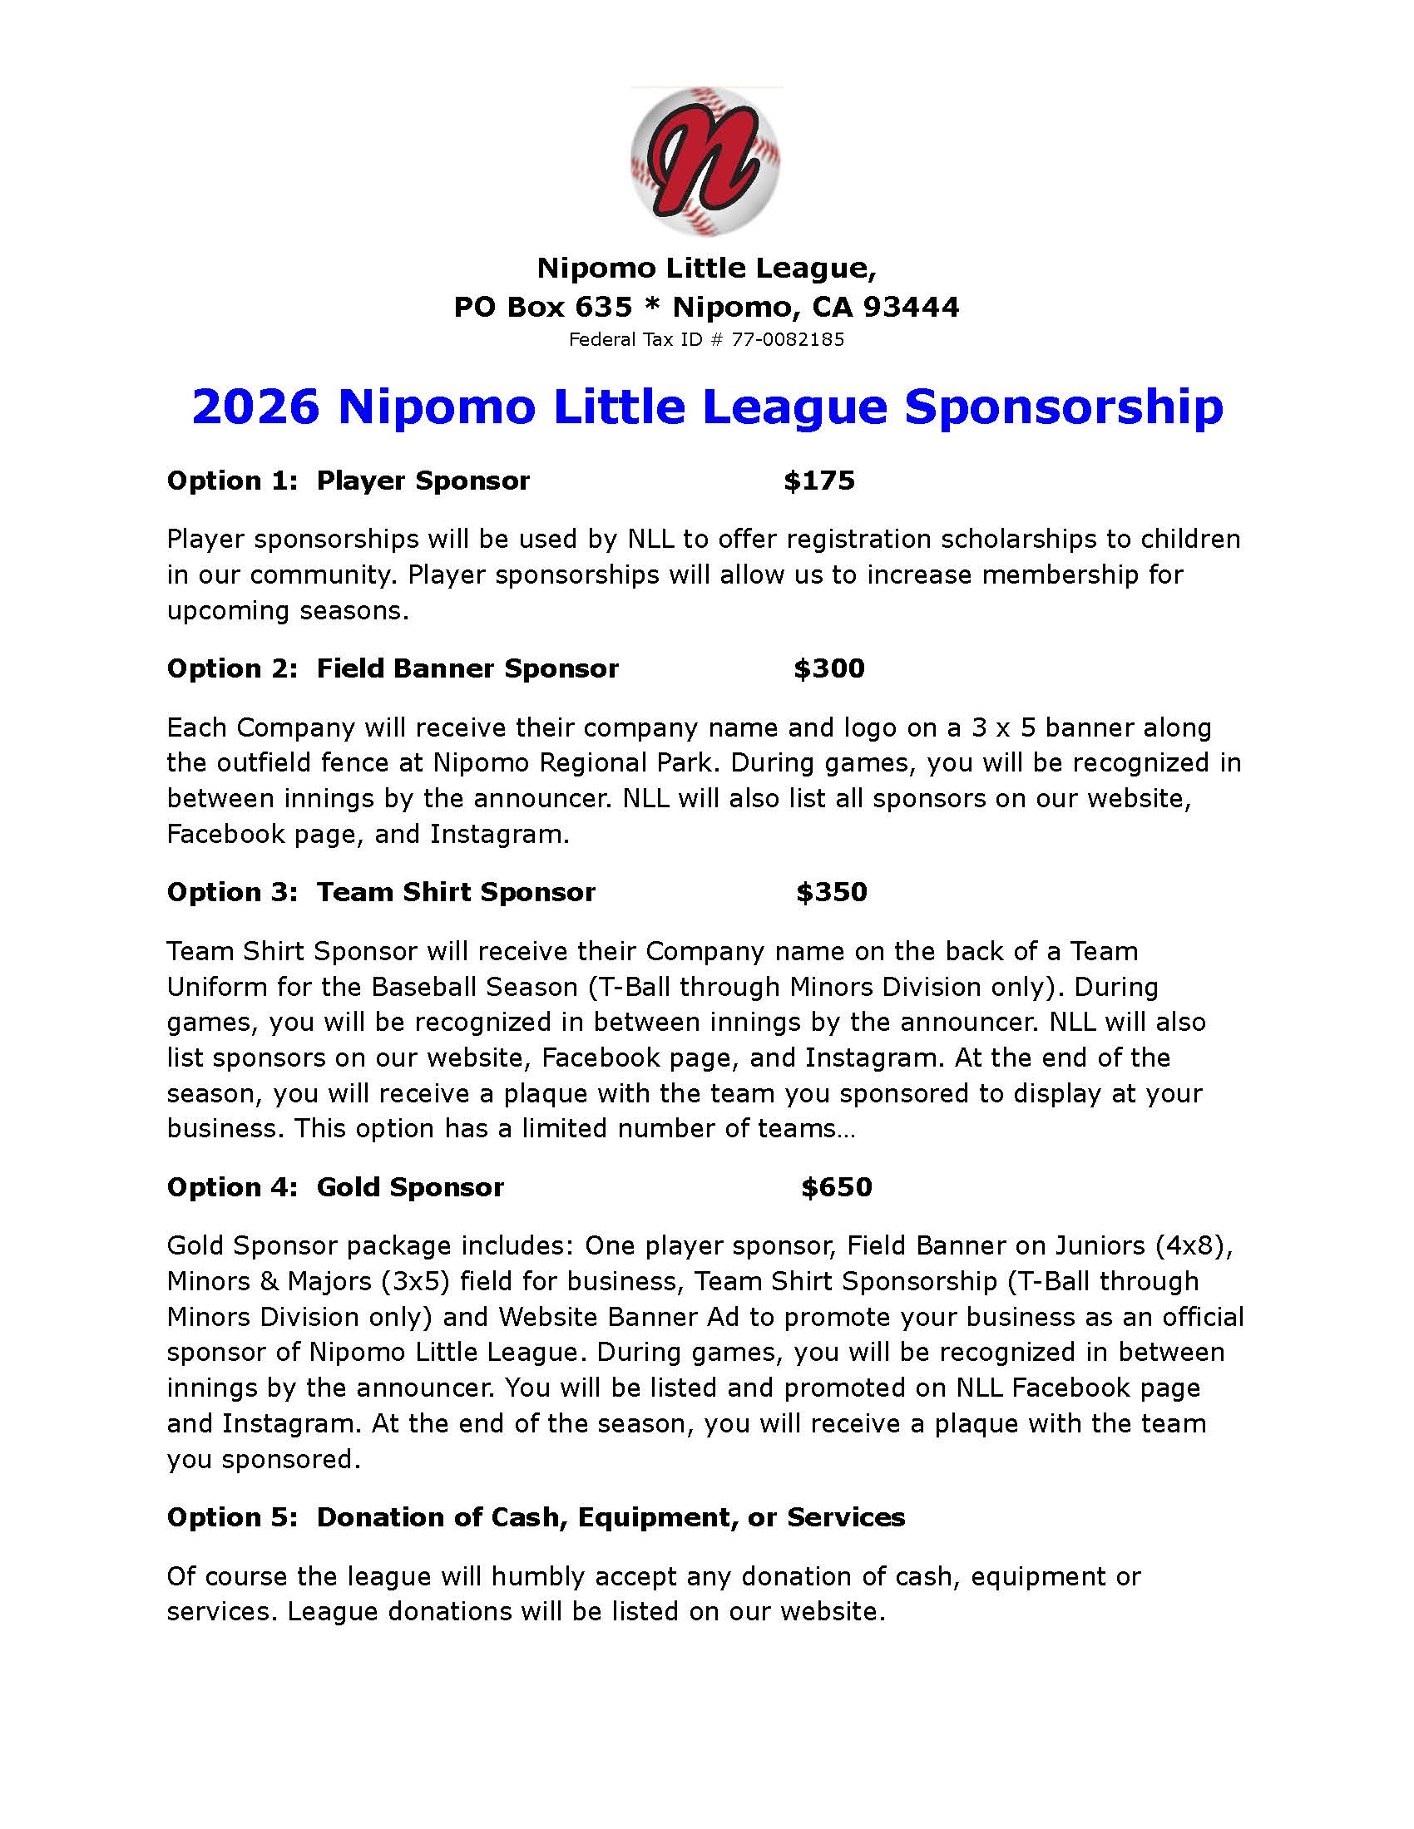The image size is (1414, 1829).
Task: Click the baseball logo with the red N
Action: pos(705,160)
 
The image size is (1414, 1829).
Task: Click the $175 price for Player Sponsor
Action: pos(818,481)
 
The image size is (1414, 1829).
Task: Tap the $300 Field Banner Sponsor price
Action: pos(828,668)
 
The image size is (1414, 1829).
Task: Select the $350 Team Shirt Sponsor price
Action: pos(831,892)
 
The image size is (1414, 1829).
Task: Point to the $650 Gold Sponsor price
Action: pos(836,1186)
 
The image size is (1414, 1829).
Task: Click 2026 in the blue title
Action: pos(255,407)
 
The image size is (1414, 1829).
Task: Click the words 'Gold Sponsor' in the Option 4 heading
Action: pos(409,1186)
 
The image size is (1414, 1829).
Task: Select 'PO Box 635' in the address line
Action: pos(543,308)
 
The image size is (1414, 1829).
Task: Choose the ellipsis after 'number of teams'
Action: pos(845,1129)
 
